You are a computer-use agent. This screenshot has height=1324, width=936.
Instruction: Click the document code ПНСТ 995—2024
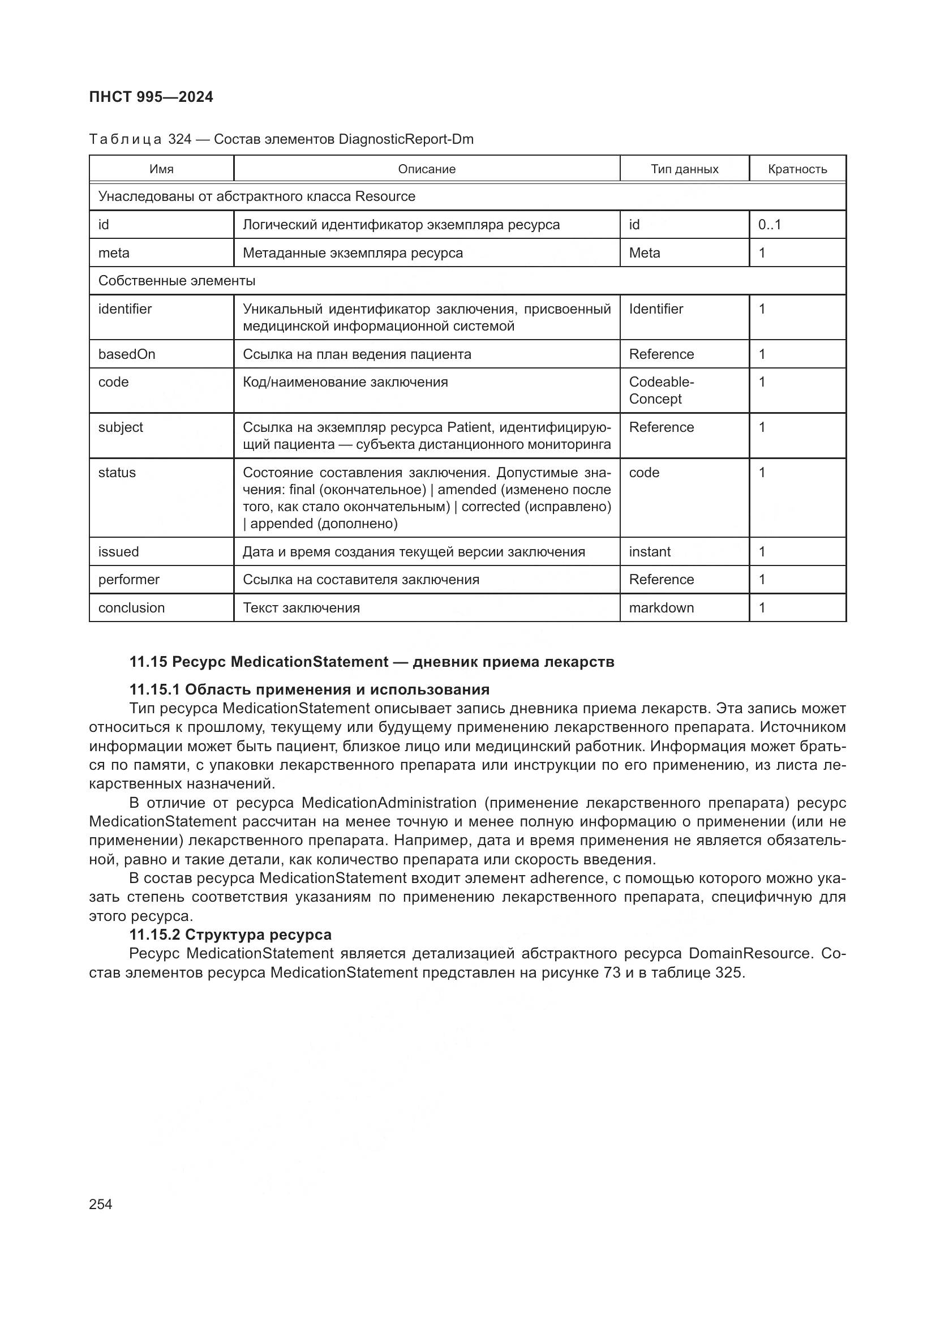151,97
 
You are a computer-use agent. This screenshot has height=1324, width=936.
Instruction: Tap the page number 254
101,1204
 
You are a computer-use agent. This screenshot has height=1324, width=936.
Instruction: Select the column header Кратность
797,169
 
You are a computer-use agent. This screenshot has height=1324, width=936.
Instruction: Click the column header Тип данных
684,169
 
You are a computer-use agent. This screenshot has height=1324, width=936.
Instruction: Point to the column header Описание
427,169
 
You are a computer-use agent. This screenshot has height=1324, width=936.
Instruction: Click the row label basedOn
127,354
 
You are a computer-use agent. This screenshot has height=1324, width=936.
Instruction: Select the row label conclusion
131,608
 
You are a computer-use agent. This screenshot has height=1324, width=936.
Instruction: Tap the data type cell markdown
661,608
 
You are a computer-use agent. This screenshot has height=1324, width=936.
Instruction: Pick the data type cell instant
650,552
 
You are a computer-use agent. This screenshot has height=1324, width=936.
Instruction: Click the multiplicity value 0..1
770,224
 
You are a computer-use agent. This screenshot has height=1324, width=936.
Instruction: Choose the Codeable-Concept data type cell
661,391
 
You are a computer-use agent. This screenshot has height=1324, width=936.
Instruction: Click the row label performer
128,580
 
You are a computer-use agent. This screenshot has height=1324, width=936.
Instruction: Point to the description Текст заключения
301,608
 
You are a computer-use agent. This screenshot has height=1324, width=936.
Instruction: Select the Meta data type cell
645,252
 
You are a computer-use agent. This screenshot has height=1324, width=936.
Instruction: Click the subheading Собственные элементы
177,281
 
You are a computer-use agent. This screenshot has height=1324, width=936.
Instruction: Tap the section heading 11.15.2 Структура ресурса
230,935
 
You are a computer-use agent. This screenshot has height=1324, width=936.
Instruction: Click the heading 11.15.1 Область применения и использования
310,689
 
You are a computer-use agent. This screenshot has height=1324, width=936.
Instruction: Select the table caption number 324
180,139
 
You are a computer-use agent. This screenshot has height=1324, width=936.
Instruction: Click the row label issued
119,552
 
